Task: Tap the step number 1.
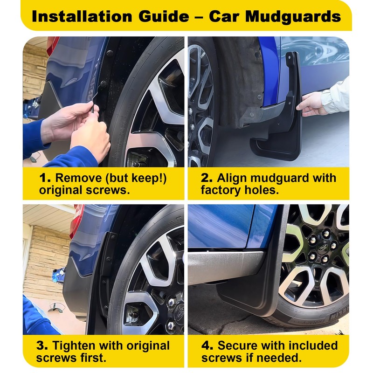point(45,178)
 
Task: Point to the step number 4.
point(208,346)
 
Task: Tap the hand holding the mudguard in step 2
point(311,104)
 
